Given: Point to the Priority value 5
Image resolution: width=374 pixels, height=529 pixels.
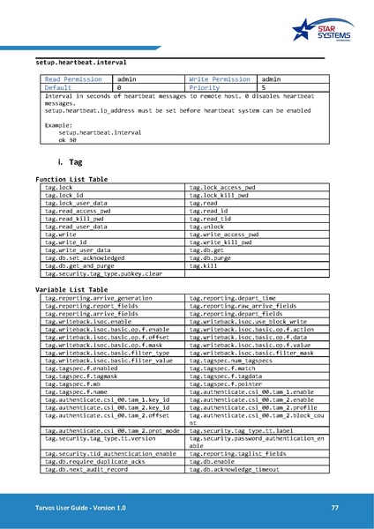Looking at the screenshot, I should (x=264, y=88).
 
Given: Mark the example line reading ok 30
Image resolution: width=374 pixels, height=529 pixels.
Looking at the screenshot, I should (x=67, y=140).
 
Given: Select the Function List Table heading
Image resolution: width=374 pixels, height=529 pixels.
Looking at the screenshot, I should (x=71, y=179).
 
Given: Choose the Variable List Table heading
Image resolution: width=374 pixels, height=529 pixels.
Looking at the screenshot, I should (x=71, y=290).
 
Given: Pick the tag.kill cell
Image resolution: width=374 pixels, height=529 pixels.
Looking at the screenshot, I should (x=204, y=266).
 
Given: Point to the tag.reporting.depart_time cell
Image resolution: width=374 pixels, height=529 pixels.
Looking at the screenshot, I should (x=233, y=298).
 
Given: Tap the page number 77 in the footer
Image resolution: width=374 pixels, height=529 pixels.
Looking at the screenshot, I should (x=335, y=508).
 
